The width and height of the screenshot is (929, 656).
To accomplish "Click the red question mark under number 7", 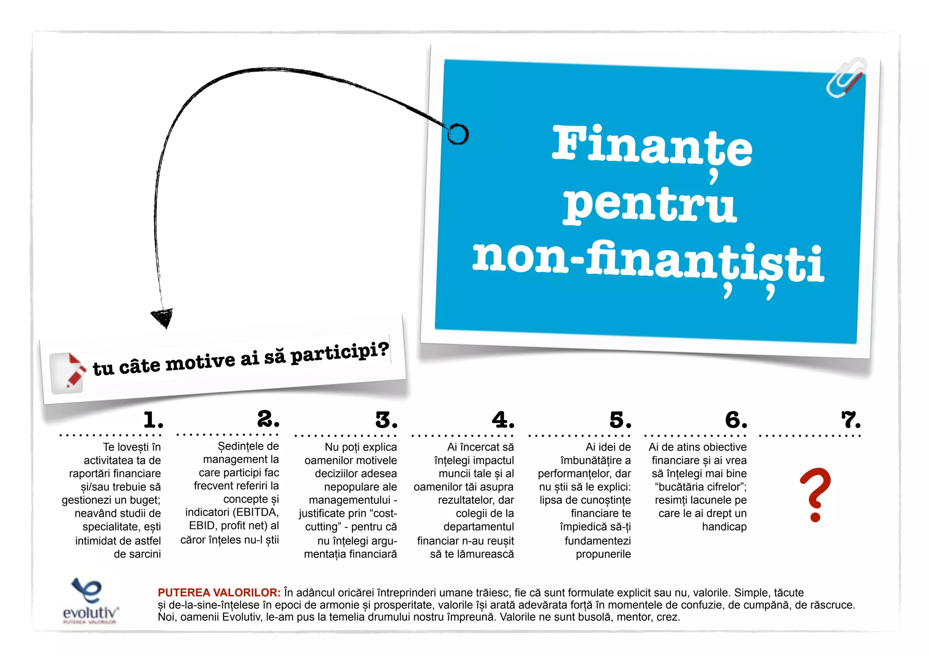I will pos(815,494).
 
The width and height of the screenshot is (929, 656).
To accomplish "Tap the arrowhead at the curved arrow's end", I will pos(163,317).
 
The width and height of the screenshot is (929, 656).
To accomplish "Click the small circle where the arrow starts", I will pos(458,134).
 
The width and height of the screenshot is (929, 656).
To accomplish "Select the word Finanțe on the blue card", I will pos(652,146).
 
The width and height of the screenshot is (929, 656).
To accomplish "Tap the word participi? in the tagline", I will pos(339,352).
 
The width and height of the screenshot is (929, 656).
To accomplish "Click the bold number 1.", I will pos(153,420).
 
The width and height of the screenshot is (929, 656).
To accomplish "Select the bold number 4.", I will pos(503,420).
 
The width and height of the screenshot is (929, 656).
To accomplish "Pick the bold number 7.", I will pos(851,420).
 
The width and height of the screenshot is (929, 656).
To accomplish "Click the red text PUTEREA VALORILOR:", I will pos(219,593).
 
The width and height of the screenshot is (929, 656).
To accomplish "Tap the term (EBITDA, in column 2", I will pos(255,512).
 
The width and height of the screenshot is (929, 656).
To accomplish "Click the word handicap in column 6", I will pos(724,527).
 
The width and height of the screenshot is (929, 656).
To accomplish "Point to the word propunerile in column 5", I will pos(603,554).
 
